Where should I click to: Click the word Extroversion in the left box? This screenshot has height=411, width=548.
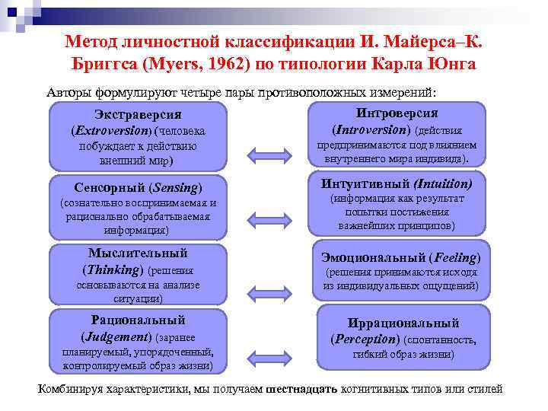click(x=111, y=132)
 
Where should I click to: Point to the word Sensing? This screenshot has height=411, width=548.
click(x=174, y=187)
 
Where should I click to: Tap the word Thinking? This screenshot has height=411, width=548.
click(x=112, y=269)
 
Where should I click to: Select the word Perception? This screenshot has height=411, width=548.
click(x=366, y=339)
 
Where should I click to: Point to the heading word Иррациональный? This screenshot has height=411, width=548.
click(x=403, y=323)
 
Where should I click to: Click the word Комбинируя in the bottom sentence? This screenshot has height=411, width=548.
click(x=73, y=389)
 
